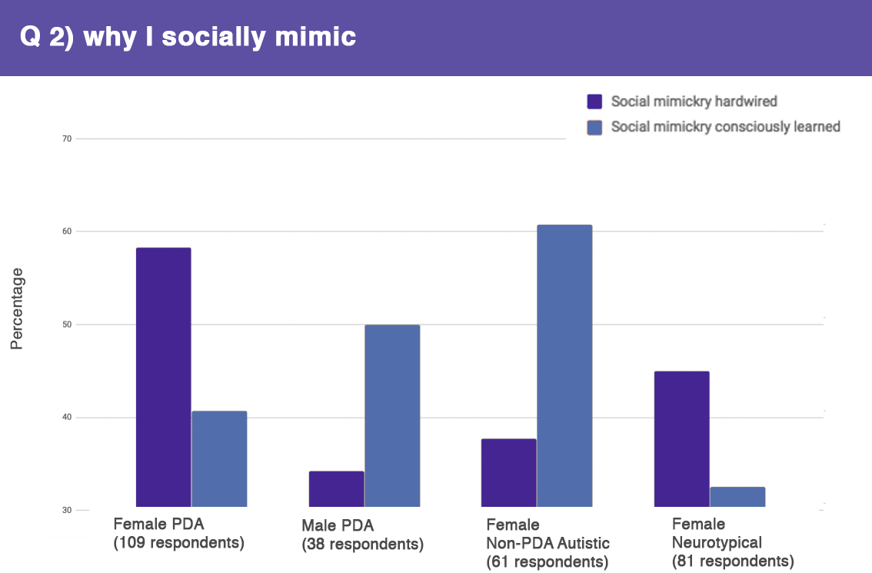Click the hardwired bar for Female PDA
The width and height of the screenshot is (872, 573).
(163, 377)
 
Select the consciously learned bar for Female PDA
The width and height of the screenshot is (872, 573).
(219, 458)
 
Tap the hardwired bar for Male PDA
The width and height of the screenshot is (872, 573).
(336, 488)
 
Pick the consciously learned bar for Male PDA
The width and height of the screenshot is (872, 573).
(392, 415)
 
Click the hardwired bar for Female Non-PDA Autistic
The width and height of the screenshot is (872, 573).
(508, 472)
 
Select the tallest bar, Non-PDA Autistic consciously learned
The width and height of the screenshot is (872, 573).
(564, 365)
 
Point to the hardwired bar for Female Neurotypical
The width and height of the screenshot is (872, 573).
(681, 438)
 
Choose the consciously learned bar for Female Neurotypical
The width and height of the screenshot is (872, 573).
(737, 496)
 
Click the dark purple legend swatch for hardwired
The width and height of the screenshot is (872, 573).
(594, 102)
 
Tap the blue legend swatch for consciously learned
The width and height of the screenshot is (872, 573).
(594, 127)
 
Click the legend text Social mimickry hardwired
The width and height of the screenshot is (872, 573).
(694, 102)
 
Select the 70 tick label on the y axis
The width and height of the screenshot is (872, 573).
(66, 139)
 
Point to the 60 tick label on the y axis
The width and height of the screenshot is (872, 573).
(66, 232)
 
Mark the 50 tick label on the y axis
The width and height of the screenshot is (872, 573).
(66, 325)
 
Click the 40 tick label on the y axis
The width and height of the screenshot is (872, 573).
(66, 418)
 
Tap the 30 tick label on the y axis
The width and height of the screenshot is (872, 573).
(66, 510)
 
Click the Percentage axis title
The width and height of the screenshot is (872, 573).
(17, 308)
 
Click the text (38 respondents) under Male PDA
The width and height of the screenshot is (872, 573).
(362, 545)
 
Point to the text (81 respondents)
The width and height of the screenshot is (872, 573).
(732, 561)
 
